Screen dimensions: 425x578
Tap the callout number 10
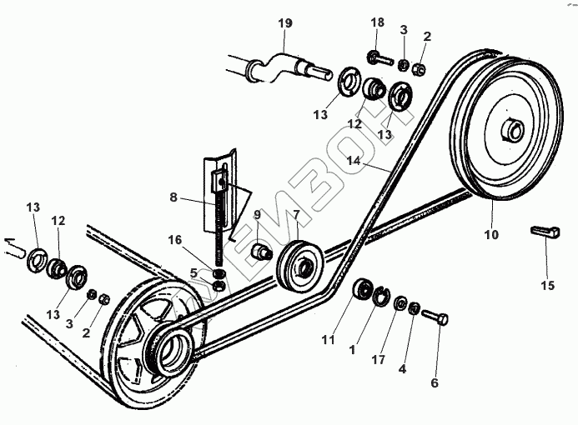[491, 234]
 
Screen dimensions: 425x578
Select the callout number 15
[546, 285]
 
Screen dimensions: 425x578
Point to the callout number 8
[173, 197]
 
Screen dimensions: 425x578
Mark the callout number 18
[376, 22]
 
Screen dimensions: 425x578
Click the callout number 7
[295, 215]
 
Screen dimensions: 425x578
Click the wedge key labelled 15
[545, 232]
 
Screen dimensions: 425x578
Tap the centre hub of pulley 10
[512, 131]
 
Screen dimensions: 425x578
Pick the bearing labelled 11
[364, 292]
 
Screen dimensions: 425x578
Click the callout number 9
[257, 215]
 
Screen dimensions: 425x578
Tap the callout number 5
[194, 272]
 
